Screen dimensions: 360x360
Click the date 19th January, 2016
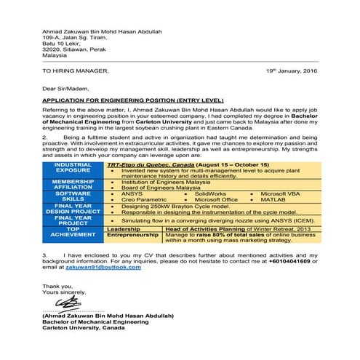[x=292, y=71]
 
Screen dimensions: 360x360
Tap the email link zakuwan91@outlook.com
[x=112, y=268]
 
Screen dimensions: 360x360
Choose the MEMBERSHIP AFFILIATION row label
[x=73, y=184]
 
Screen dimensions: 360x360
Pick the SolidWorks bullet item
[x=210, y=193]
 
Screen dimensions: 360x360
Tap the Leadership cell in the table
[x=123, y=228]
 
